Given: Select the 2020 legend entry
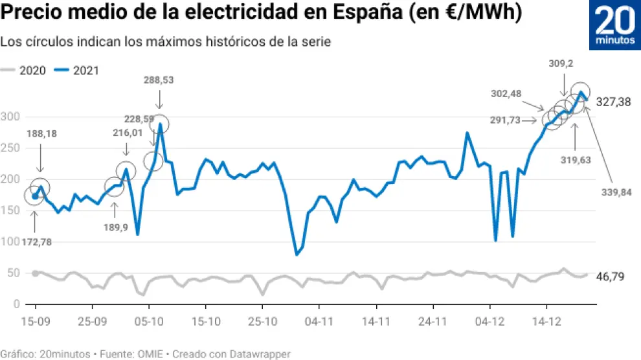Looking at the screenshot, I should click(x=25, y=71).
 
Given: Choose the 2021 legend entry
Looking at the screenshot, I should click(x=78, y=71).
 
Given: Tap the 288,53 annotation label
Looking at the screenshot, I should click(x=159, y=80).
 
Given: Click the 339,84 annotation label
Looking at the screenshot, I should click(x=616, y=192).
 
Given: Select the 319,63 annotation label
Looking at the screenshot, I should click(x=576, y=160).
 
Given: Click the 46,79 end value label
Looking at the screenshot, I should click(x=611, y=276).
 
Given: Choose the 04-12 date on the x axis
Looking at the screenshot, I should click(x=489, y=321).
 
